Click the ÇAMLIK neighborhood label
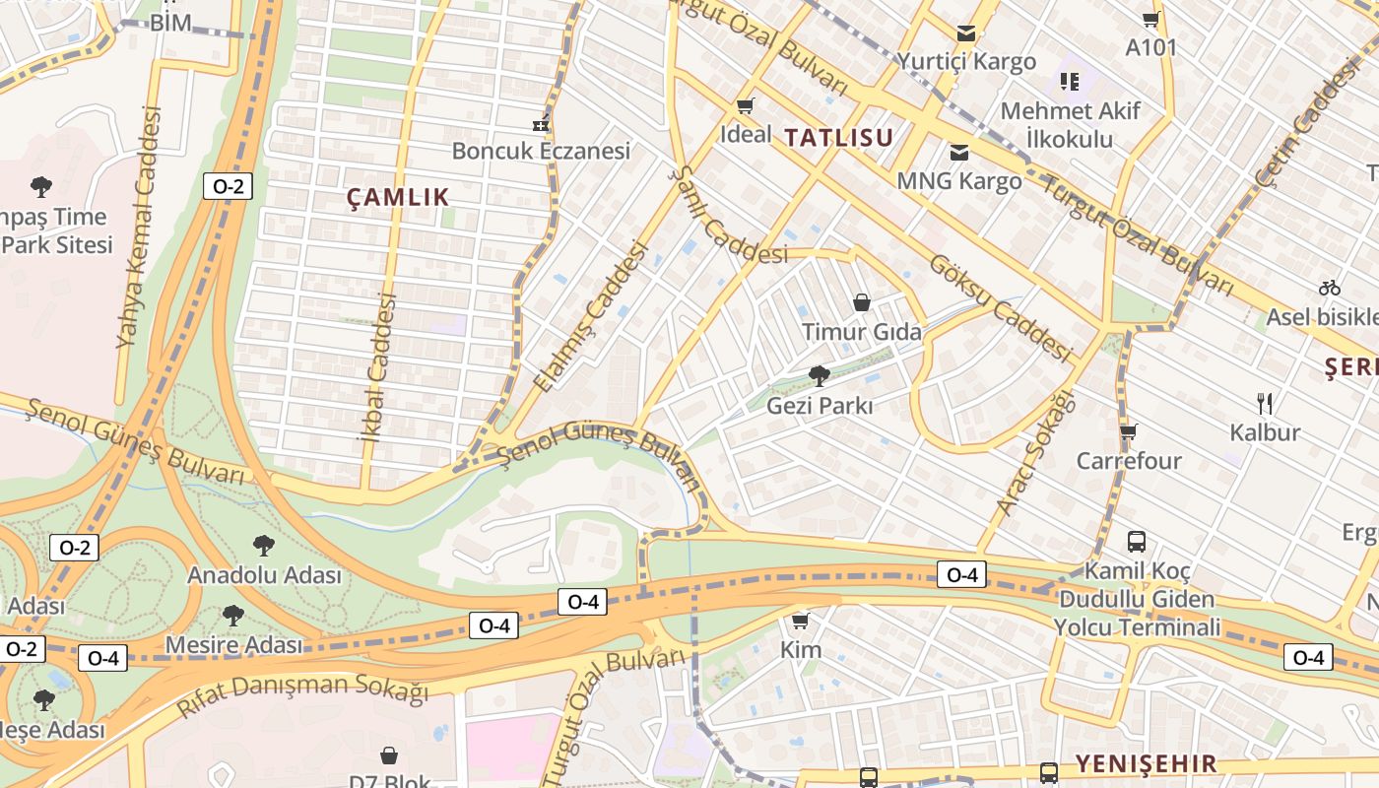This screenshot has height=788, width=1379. click(x=398, y=197)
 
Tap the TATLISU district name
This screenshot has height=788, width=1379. click(x=838, y=138)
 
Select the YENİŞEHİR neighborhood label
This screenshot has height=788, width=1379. click(x=1146, y=763)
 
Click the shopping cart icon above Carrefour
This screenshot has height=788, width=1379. click(x=1128, y=431)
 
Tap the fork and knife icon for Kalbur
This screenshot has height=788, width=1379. click(x=1265, y=403)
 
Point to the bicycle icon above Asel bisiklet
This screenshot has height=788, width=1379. click(x=1329, y=288)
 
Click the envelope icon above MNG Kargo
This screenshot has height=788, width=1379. click(x=958, y=153)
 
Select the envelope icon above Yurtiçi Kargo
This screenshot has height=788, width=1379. click(x=965, y=33)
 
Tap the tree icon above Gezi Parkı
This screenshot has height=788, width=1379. click(x=819, y=375)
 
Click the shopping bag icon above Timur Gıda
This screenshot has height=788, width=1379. click(x=862, y=301)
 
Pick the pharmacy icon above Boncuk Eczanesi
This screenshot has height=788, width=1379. click(x=540, y=123)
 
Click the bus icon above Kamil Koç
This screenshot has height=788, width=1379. click(x=1137, y=541)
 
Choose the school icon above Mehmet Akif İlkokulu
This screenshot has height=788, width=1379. click(x=1069, y=82)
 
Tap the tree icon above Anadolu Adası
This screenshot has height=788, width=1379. click(x=263, y=546)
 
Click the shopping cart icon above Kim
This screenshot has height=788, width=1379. click(x=800, y=621)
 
